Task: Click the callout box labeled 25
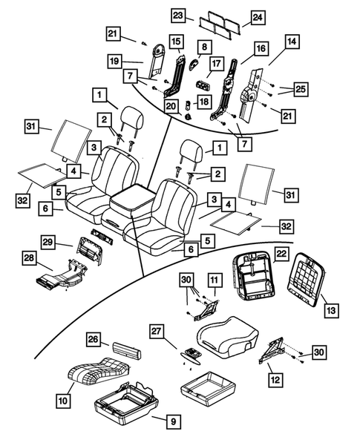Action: click(300, 89)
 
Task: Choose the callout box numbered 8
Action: click(203, 47)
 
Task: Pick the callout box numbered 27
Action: click(157, 331)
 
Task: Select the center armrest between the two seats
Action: click(134, 201)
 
